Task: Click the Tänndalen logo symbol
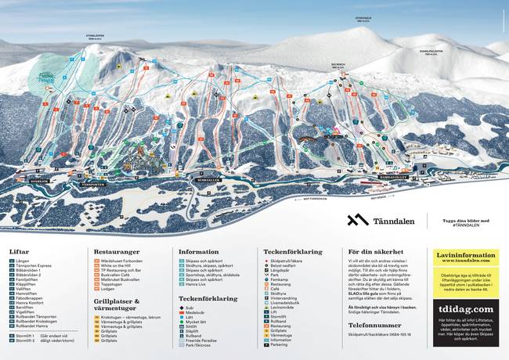click(358, 220)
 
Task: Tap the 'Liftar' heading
click(20, 252)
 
